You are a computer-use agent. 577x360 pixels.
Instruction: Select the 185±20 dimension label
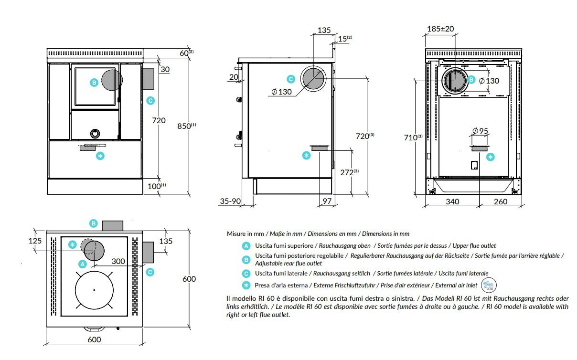[x=440, y=29]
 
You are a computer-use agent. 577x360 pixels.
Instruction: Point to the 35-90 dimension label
[x=230, y=201]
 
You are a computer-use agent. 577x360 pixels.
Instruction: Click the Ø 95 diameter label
[x=479, y=131]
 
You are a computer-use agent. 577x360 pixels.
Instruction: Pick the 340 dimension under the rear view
[x=452, y=201]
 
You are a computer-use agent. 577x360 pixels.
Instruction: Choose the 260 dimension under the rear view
[x=500, y=201]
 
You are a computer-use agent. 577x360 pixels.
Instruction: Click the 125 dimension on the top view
[x=35, y=241]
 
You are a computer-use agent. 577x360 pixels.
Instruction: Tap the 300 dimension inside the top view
[x=118, y=261]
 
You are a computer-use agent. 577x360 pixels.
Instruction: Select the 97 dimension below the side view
[x=327, y=201]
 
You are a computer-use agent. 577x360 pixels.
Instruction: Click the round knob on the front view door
[x=95, y=133]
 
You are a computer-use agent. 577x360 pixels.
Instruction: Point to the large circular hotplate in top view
[x=94, y=290]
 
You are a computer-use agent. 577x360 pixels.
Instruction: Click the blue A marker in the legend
[x=246, y=246]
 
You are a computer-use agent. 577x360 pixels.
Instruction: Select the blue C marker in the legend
[x=246, y=273]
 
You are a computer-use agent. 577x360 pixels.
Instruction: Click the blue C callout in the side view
[x=290, y=79]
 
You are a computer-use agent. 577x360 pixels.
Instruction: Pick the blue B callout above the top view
[x=94, y=223]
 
